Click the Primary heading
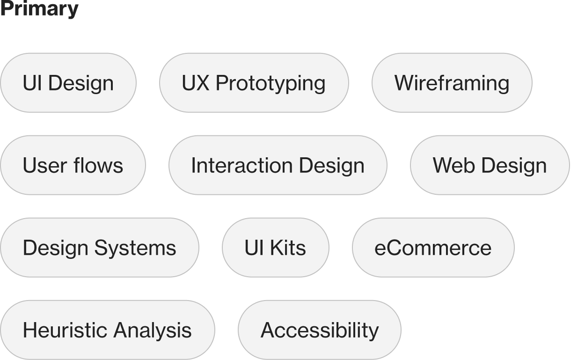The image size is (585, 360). click(39, 9)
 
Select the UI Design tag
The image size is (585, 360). click(68, 83)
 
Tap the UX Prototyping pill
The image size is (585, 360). click(254, 83)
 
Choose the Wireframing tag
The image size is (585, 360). click(452, 83)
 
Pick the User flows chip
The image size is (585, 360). click(73, 165)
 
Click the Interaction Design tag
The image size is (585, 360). click(278, 165)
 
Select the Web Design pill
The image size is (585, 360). click(490, 165)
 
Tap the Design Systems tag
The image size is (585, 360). click(99, 248)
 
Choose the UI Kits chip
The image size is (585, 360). click(275, 248)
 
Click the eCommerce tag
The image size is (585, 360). click(433, 248)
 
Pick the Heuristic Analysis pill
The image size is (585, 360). click(107, 330)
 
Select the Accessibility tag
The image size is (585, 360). click(320, 330)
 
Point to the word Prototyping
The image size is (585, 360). click(271, 83)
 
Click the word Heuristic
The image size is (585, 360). click(65, 330)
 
